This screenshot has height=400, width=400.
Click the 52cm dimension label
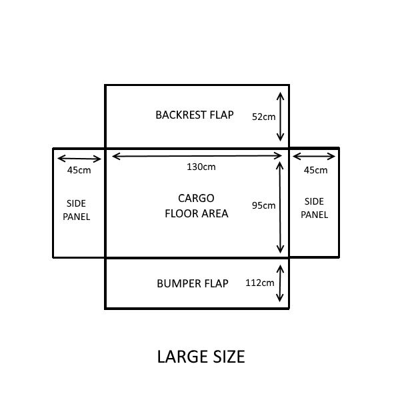click(263, 116)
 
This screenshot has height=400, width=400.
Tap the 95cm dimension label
click(263, 205)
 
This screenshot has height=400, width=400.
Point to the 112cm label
click(260, 283)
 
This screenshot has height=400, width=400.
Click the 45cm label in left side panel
click(79, 170)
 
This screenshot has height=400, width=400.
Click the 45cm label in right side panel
click(315, 170)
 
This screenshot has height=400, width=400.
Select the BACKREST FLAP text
click(195, 115)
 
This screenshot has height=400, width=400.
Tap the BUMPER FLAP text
click(193, 283)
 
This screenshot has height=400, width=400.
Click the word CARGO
click(196, 198)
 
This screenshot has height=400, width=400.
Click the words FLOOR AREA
click(196, 214)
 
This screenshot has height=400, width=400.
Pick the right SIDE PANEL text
click(314, 208)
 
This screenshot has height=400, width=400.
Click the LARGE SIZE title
click(201, 357)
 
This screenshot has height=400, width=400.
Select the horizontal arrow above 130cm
click(197, 156)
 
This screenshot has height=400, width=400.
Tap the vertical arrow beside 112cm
click(281, 283)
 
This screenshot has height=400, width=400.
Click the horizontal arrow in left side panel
click(79, 159)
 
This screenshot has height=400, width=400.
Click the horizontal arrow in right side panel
click(315, 157)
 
